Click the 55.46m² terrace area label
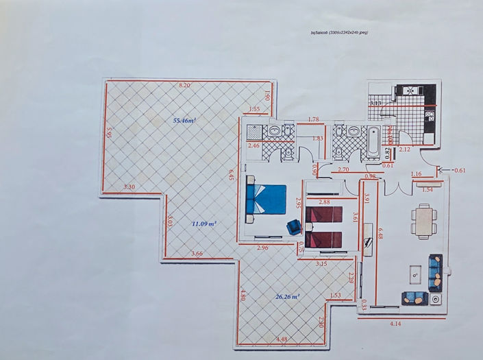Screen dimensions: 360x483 pyautogui.click(x=184, y=121)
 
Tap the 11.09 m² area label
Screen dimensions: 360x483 pyautogui.click(x=203, y=224)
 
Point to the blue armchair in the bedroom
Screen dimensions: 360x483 pyautogui.click(x=294, y=227)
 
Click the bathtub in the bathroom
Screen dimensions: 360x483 pyautogui.click(x=373, y=143)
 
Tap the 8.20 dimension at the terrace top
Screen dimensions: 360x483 pyautogui.click(x=184, y=84)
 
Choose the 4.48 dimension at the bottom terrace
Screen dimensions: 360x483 pyautogui.click(x=282, y=339)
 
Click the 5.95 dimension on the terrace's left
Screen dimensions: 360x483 pyautogui.click(x=108, y=132)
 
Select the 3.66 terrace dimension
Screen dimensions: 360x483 pyautogui.click(x=197, y=254)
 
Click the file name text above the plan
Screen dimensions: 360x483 pyautogui.click(x=340, y=32)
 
